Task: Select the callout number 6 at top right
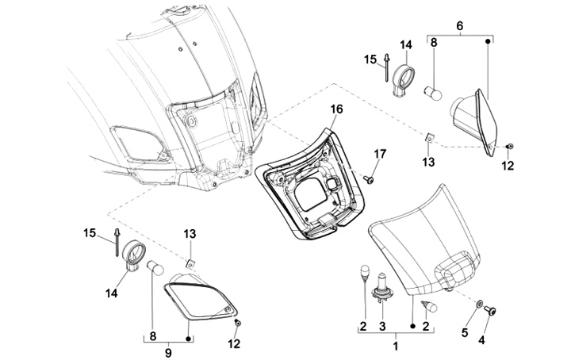pos(460,25)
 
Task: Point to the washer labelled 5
pos(480,304)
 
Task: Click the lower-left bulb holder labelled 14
pos(133,255)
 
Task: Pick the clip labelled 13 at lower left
pos(190,262)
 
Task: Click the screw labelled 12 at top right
pos(508,147)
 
